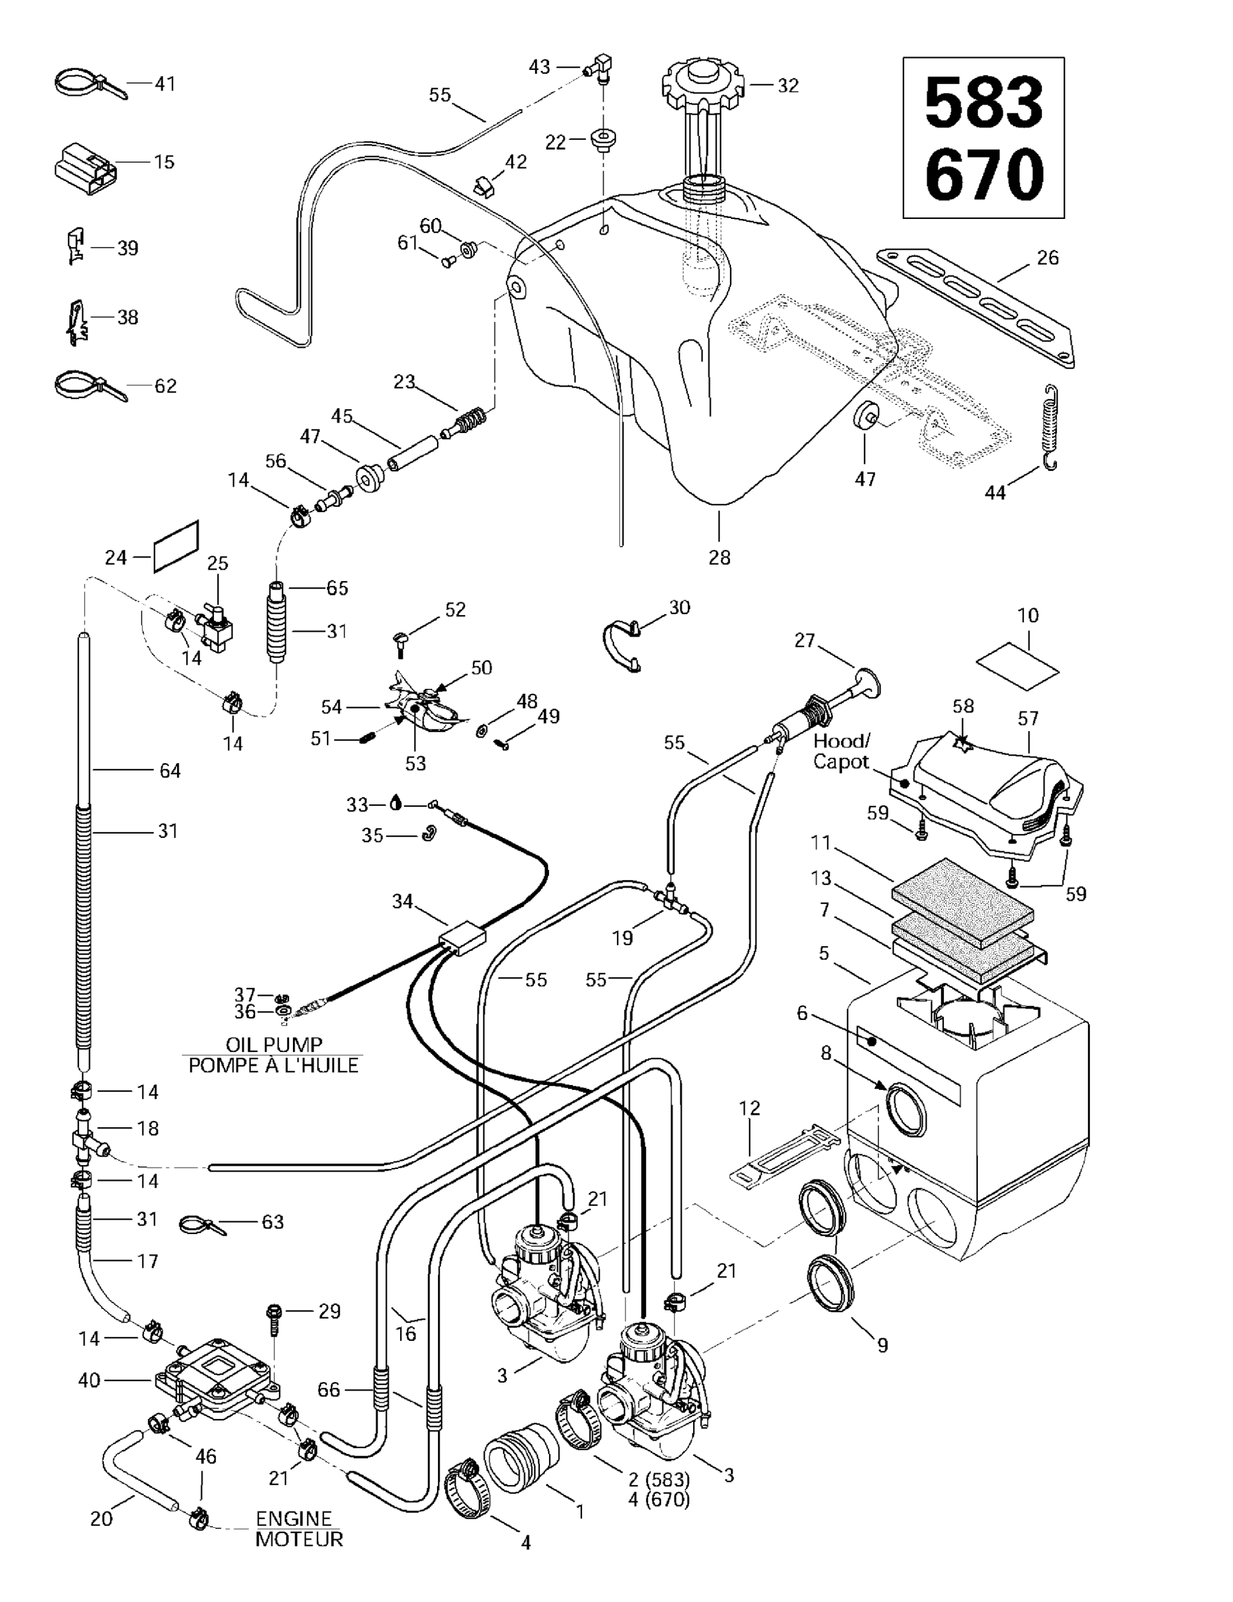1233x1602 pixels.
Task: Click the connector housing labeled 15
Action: (84, 169)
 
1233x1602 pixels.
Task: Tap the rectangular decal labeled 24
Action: (176, 546)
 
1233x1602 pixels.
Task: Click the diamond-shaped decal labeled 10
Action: (1017, 666)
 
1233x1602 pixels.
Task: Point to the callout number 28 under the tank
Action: (719, 557)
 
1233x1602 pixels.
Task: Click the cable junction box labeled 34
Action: (462, 940)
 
